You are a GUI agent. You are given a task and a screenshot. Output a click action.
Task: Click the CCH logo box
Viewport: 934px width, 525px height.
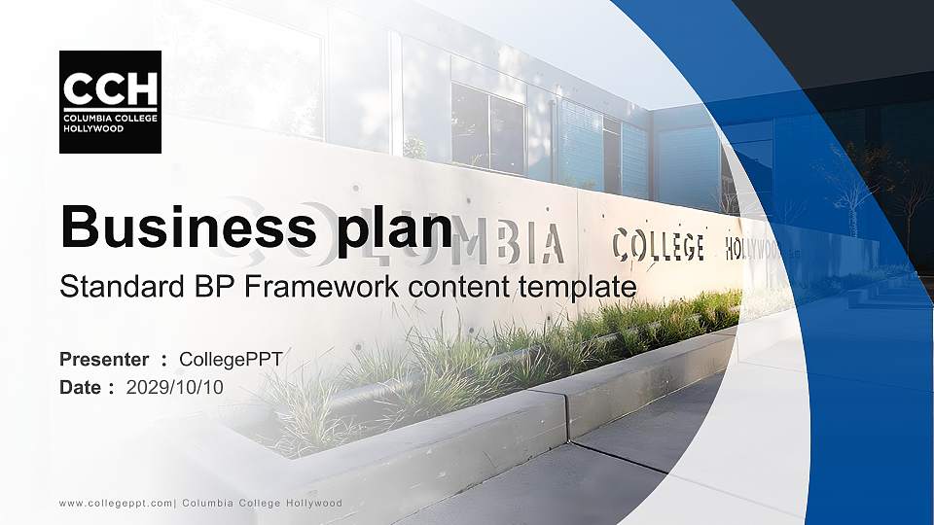coord(110,102)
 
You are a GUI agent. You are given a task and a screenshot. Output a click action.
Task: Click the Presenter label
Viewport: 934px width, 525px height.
coord(104,360)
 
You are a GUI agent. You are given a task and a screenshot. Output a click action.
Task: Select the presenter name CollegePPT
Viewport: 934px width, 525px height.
coord(231,360)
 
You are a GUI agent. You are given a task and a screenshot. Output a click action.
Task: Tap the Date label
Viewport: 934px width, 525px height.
coord(81,388)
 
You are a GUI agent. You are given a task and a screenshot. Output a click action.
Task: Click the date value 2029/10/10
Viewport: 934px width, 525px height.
coord(175,388)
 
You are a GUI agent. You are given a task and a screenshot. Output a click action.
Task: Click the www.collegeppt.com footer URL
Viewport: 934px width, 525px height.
coord(116,503)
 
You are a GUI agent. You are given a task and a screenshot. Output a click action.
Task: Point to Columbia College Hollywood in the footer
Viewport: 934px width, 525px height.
coord(263,503)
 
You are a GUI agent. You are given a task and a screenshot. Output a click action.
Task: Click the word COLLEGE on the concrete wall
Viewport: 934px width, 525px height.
coord(658,245)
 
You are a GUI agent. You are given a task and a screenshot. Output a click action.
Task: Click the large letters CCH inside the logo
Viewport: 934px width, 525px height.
coord(110,90)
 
